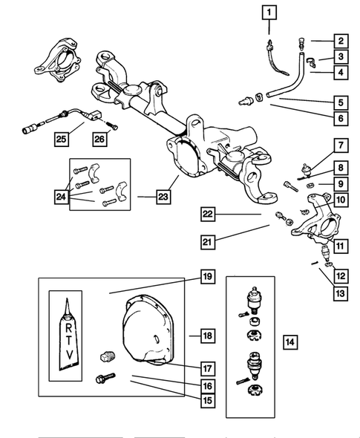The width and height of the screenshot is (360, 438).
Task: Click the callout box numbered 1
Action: point(269,13)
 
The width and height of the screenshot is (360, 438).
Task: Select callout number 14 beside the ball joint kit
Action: point(290,342)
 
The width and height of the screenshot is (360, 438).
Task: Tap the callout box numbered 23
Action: point(163,197)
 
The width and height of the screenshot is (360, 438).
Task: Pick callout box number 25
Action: point(61,139)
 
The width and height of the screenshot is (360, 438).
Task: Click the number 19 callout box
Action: point(208,277)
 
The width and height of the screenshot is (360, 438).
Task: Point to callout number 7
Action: point(341,146)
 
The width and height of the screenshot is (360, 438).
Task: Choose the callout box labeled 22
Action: point(208,215)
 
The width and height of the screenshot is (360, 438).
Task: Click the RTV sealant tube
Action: point(68,336)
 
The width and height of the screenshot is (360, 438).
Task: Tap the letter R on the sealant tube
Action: point(68,327)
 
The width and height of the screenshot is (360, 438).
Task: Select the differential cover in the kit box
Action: point(148,330)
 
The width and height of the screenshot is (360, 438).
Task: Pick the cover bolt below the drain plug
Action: point(105,378)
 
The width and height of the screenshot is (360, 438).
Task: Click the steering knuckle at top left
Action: point(58,61)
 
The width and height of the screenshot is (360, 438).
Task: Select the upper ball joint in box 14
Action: point(253,300)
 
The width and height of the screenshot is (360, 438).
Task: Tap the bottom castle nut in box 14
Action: point(255,390)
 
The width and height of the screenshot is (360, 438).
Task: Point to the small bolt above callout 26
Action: point(112,125)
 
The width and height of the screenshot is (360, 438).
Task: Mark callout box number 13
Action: point(341,293)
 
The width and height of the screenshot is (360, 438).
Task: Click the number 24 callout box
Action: point(61,197)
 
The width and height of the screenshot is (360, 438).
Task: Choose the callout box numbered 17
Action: point(208,369)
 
